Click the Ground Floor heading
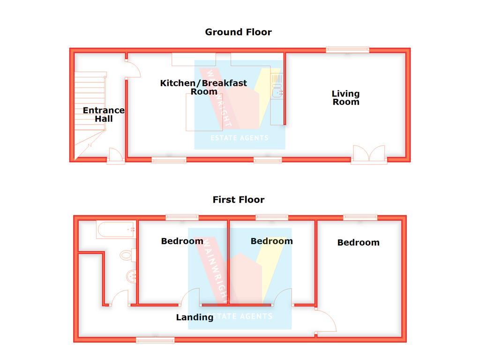tap(238, 32)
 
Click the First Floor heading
tap(239, 200)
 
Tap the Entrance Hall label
tap(104, 114)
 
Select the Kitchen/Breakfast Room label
tap(203, 87)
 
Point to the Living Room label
tap(346, 97)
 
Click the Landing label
tap(195, 317)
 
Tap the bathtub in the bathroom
tap(116, 229)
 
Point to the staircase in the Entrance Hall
tap(90, 115)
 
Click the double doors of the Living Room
tap(369, 154)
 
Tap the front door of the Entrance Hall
tap(116, 156)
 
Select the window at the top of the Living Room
tap(347, 50)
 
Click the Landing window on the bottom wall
tap(155, 340)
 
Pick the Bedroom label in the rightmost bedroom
tap(359, 243)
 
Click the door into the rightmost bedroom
tap(326, 321)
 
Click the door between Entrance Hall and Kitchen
tap(133, 69)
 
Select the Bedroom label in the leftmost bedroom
tap(182, 241)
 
